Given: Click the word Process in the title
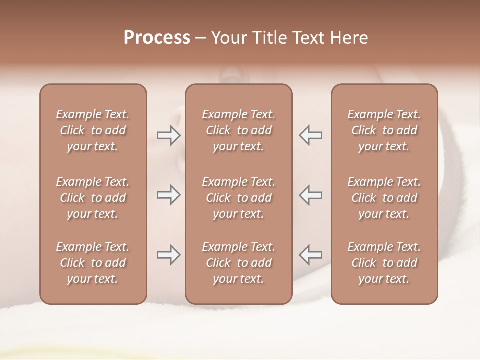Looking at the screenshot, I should click(157, 38).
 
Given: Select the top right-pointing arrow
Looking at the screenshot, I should click(168, 135).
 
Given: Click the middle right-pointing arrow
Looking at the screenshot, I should click(168, 195).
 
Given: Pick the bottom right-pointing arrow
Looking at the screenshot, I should click(168, 255).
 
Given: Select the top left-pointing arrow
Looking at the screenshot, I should click(311, 135).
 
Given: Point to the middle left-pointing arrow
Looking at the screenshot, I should click(311, 195).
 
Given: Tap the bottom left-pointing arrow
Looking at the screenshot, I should click(311, 255).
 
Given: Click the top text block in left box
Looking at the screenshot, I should click(93, 130).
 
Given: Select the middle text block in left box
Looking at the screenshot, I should click(93, 198).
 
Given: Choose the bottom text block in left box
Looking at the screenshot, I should click(93, 263).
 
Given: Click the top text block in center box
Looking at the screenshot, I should click(238, 130).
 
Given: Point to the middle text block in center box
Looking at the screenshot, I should click(238, 198).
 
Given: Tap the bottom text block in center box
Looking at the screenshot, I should click(238, 263).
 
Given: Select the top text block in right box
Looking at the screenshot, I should click(384, 130).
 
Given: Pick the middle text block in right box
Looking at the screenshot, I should click(384, 198).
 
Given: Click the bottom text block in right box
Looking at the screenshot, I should click(384, 263).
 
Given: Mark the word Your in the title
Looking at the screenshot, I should click(228, 38).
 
